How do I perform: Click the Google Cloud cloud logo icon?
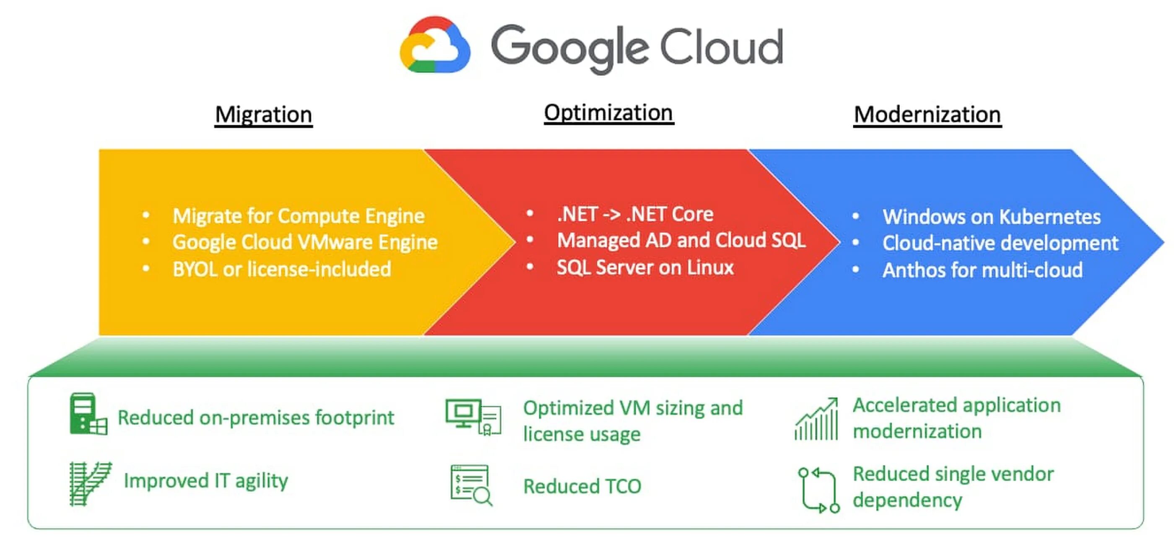(435, 46)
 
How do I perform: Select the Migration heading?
(263, 114)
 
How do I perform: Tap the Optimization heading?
(608, 112)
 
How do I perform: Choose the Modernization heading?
(927, 114)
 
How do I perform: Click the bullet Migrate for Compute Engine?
(299, 216)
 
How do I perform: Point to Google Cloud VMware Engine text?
(305, 242)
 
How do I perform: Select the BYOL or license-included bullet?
(282, 269)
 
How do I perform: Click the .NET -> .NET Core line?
(635, 214)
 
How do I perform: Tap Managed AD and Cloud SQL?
(681, 241)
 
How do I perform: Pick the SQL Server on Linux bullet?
(645, 267)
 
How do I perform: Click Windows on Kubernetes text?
(991, 217)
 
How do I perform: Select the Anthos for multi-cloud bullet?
(982, 270)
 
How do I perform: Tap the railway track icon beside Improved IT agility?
(90, 483)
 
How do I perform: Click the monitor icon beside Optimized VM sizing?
(473, 416)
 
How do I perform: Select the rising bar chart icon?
(816, 419)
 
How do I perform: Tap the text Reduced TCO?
(582, 486)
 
